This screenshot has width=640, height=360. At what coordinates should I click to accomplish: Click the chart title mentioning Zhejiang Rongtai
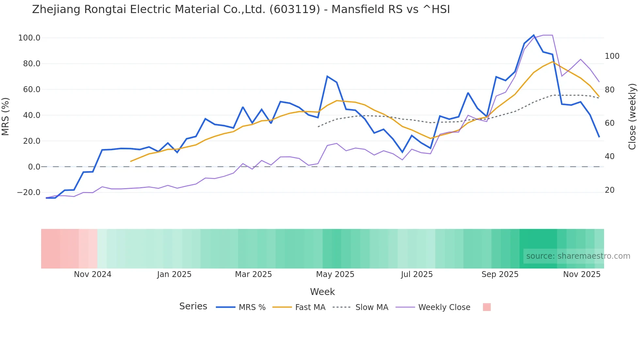[241, 9]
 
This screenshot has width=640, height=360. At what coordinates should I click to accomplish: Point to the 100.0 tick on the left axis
[29, 38]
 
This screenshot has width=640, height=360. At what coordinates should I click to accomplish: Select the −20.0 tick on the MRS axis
[28, 192]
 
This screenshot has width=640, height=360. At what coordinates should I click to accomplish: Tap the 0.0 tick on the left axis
[34, 167]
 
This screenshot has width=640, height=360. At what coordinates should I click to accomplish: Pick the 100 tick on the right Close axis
[612, 56]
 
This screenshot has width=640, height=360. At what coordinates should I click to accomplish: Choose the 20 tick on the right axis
[610, 190]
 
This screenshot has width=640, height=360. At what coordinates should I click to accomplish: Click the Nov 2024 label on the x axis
[92, 274]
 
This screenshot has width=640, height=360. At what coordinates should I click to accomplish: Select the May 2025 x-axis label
[335, 274]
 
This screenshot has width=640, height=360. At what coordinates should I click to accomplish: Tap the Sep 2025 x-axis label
[500, 274]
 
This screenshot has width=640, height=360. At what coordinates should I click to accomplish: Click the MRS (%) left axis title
[6, 117]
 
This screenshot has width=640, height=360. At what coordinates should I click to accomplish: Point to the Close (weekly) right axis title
[632, 117]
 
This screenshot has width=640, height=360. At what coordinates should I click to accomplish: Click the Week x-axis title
[322, 292]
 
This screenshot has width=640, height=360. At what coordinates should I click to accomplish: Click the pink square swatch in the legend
[487, 307]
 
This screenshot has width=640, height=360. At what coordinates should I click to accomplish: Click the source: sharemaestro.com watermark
[578, 256]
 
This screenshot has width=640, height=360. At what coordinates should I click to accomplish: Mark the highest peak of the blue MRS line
[534, 35]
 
